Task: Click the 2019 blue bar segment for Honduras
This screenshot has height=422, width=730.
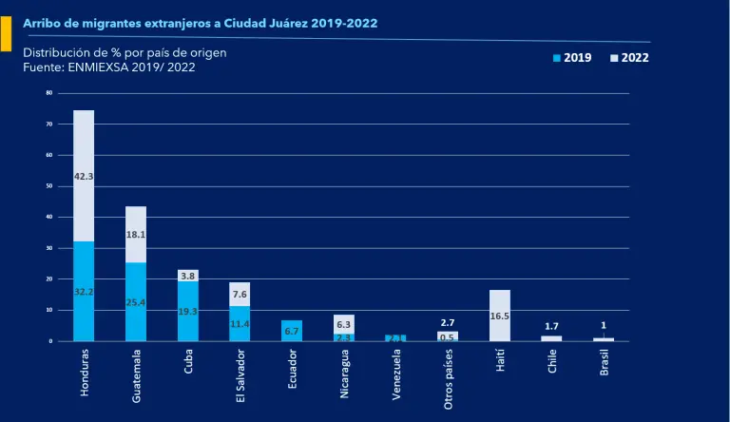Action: [x=84, y=291]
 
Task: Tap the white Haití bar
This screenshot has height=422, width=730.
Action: [x=499, y=315]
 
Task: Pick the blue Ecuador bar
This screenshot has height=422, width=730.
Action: [x=292, y=331]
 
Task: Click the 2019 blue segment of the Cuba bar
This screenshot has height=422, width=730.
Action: [x=188, y=311]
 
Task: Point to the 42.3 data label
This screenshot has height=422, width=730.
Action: [x=84, y=176]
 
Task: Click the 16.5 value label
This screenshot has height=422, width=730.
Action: [x=499, y=315]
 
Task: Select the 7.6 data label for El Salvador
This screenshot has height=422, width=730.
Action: [x=240, y=295]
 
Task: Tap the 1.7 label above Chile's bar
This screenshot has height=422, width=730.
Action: [x=551, y=326]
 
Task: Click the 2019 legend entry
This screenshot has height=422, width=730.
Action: [x=572, y=58]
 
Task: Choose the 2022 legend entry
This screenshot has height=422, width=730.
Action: [x=629, y=58]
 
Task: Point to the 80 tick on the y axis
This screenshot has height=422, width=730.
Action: [x=48, y=92]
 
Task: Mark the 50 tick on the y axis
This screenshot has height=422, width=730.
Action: [x=48, y=185]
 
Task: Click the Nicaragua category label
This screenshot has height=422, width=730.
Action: [x=344, y=374]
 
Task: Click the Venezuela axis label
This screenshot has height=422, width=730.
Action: [x=396, y=374]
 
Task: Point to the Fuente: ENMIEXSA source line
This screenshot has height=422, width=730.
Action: [x=108, y=67]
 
